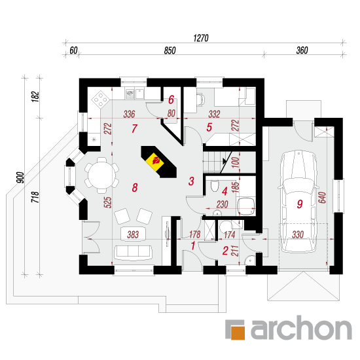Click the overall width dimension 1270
point(201,38)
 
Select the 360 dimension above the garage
point(302,50)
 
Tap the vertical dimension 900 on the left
point(21,177)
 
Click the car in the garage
point(298,202)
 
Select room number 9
point(299,204)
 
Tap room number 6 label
point(171,99)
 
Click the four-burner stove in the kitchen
point(100,99)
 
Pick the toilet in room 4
point(215,185)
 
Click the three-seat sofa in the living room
point(134,252)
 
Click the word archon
point(301,328)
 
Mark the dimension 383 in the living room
point(133,234)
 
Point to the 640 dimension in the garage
point(322,198)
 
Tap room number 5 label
point(209,127)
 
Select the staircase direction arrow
point(225,162)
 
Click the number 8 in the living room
point(135,188)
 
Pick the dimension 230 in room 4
point(223,204)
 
